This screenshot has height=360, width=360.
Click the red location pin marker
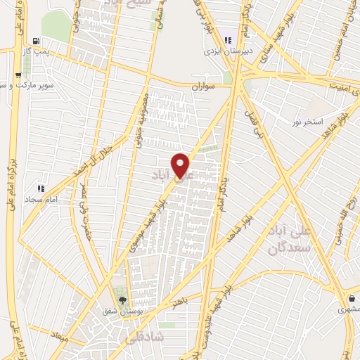pos(181,165)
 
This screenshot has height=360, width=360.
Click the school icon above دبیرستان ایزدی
pos(227,39)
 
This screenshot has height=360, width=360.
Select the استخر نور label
pos(308,122)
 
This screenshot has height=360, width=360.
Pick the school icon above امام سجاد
pos(41,188)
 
